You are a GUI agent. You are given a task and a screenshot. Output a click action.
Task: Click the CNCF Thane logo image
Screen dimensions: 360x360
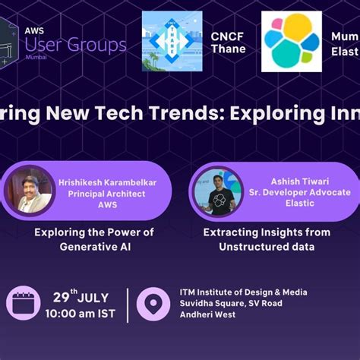point(172,41)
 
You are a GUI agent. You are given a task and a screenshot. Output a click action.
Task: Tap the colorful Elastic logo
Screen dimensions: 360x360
point(292,41)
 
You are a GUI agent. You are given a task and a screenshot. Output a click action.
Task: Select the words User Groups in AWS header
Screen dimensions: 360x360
point(75,45)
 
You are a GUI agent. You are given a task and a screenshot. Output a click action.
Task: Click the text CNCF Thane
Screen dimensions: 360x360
point(228,42)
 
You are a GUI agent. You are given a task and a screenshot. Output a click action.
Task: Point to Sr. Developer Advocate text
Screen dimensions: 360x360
point(300,193)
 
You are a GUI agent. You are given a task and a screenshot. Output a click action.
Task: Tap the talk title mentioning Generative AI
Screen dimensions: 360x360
point(93,239)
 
